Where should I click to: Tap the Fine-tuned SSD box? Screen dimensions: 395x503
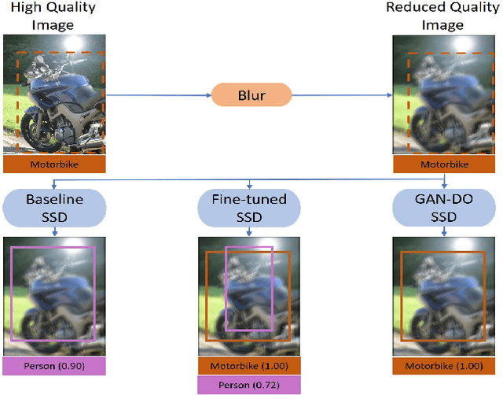[250, 206]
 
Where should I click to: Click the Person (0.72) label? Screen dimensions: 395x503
[250, 384]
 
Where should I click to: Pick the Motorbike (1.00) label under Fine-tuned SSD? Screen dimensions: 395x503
[250, 366]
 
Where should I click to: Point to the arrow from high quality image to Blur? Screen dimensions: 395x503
[157, 95]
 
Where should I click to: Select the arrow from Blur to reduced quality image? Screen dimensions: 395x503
[342, 95]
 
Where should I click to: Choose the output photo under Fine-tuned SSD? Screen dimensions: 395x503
[250, 295]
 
